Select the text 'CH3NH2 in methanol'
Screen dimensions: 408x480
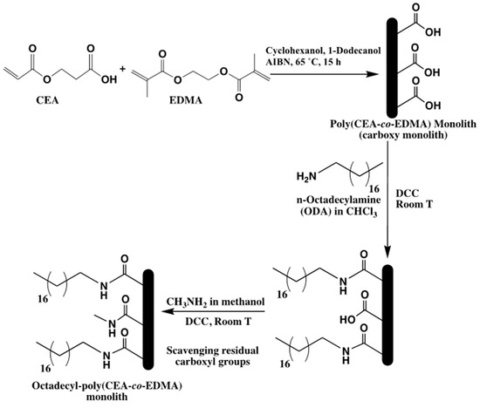pos(217,302)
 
